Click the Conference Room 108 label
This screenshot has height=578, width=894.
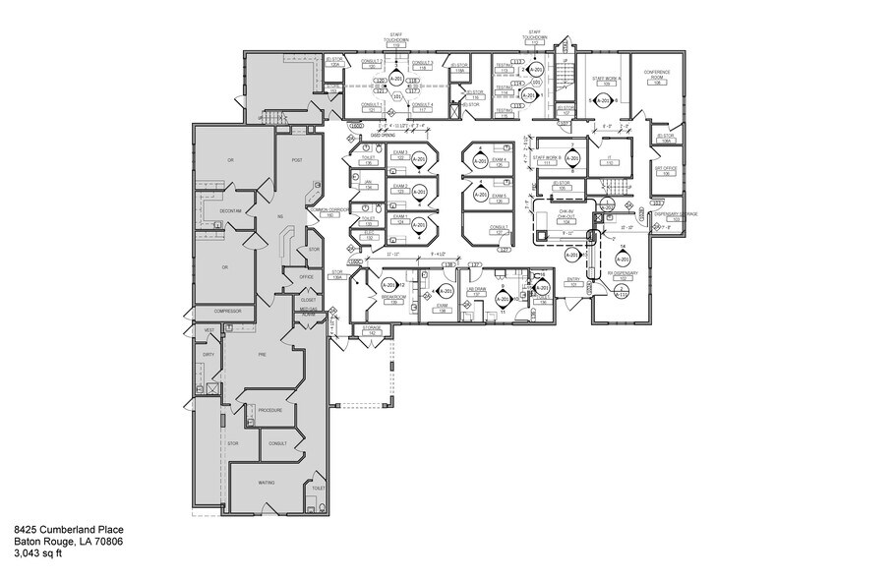[x=656, y=77]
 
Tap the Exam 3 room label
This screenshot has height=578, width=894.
[x=372, y=155]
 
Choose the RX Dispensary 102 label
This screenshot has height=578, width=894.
[x=624, y=275]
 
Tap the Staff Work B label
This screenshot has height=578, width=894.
[x=548, y=160]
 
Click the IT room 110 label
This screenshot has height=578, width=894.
[x=609, y=162]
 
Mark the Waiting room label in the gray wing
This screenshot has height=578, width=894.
[x=265, y=483]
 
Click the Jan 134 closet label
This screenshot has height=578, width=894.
[x=367, y=184]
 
